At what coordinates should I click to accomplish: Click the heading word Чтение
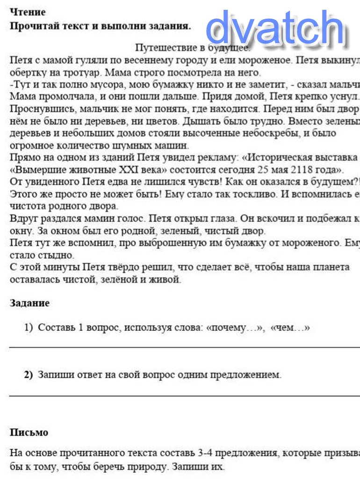[x=28, y=12]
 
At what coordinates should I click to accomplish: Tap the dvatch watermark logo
[x=275, y=29]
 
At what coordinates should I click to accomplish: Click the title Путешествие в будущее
[x=192, y=48]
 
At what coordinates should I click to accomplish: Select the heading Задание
[x=29, y=303]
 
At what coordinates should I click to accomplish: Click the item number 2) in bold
[x=29, y=375]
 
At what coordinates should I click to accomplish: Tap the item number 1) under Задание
[x=29, y=328]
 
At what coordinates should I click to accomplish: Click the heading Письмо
[x=29, y=432]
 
